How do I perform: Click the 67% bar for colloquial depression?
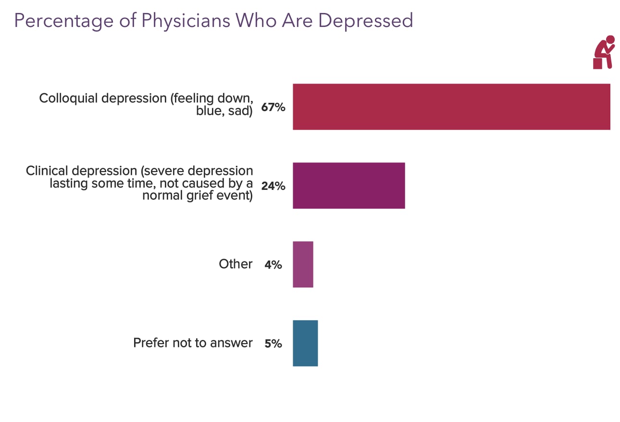tap(451, 107)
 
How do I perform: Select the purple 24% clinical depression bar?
tap(348, 186)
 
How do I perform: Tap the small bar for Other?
tap(303, 264)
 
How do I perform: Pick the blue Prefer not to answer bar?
tap(305, 343)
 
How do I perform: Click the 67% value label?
tap(273, 107)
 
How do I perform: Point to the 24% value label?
tap(273, 186)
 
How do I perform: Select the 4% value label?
tap(273, 264)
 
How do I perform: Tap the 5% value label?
tap(273, 343)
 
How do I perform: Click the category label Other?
tap(236, 264)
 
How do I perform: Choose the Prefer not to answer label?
tap(193, 343)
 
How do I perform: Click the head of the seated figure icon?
tap(610, 39)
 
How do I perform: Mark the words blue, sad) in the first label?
tap(224, 112)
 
